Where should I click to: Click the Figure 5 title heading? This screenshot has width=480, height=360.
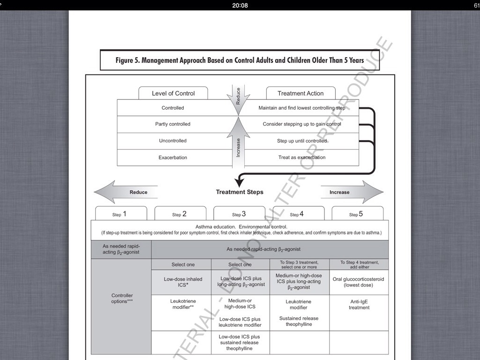pyautogui.click(x=240, y=60)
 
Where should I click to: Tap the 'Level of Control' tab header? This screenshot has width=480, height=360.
pyautogui.click(x=173, y=93)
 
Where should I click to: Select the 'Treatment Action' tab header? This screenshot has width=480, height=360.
pyautogui.click(x=300, y=93)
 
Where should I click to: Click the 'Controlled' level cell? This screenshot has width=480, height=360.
pyautogui.click(x=173, y=108)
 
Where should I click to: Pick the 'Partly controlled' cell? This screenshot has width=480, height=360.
pyautogui.click(x=173, y=124)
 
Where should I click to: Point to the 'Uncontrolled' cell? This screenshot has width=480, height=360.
pyautogui.click(x=173, y=141)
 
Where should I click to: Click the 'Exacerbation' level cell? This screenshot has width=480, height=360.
pyautogui.click(x=173, y=157)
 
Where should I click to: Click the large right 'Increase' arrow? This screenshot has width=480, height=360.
pyautogui.click(x=352, y=192)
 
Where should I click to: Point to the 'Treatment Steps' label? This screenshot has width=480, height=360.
pyautogui.click(x=240, y=192)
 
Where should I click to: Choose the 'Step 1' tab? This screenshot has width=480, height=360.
pyautogui.click(x=121, y=214)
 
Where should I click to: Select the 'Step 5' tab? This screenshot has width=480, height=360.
pyautogui.click(x=357, y=214)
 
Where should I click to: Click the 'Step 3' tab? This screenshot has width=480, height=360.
pyautogui.click(x=239, y=214)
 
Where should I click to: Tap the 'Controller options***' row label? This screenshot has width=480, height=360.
pyautogui.click(x=121, y=299)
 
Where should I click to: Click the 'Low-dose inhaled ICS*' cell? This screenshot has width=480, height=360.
pyautogui.click(x=183, y=282)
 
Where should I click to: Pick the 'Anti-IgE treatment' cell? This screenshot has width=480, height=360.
pyautogui.click(x=359, y=305)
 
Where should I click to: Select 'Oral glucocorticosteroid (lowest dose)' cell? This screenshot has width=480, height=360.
pyautogui.click(x=359, y=282)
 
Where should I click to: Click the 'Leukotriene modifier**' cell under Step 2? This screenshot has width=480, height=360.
pyautogui.click(x=183, y=305)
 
